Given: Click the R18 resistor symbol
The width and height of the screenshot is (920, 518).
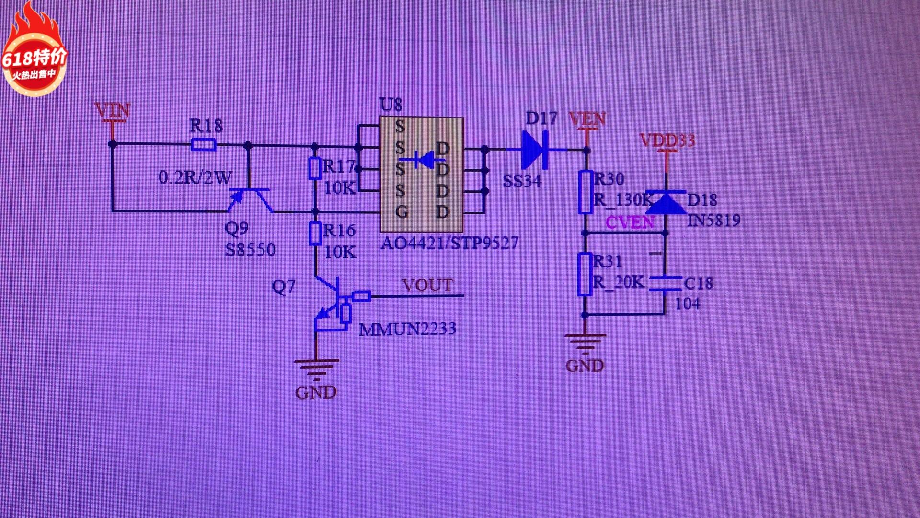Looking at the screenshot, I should pyautogui.click(x=203, y=144).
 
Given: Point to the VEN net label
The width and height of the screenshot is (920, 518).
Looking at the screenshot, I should pyautogui.click(x=587, y=119).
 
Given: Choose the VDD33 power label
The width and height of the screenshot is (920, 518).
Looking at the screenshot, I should pyautogui.click(x=667, y=141).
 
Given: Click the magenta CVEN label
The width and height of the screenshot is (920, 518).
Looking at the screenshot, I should pyautogui.click(x=630, y=223).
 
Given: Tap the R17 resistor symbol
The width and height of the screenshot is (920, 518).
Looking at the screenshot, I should pyautogui.click(x=314, y=168).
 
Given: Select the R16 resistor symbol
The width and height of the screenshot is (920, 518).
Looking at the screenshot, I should pyautogui.click(x=315, y=234).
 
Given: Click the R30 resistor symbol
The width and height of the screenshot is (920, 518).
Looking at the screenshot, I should pyautogui.click(x=585, y=192).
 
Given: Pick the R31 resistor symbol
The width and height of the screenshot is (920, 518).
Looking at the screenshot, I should pyautogui.click(x=584, y=274).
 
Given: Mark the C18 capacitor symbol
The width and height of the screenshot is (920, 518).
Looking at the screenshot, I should pyautogui.click(x=665, y=283).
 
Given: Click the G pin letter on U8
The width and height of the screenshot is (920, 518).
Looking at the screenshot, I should pyautogui.click(x=402, y=212).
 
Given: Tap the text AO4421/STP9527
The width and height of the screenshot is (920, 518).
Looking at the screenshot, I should pyautogui.click(x=449, y=244).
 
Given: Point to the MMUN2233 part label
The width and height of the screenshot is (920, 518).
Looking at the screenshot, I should pyautogui.click(x=407, y=329).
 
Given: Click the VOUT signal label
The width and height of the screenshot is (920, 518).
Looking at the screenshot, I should pyautogui.click(x=427, y=285).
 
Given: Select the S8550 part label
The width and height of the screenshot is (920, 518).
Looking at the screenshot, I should pyautogui.click(x=250, y=250).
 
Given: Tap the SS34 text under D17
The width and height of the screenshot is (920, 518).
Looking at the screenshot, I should pyautogui.click(x=522, y=181).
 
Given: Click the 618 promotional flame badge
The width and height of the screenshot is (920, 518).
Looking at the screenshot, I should pyautogui.click(x=34, y=53).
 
